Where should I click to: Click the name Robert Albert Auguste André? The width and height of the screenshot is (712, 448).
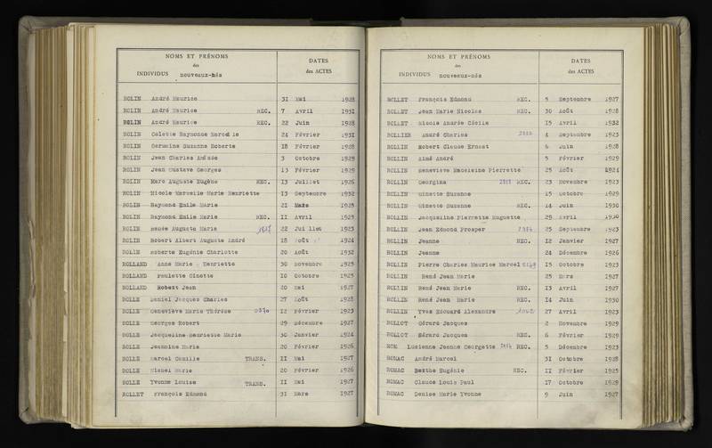point(197,240)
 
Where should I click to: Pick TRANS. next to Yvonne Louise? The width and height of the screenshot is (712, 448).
point(256,384)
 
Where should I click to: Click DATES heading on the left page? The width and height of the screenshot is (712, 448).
point(316,61)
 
